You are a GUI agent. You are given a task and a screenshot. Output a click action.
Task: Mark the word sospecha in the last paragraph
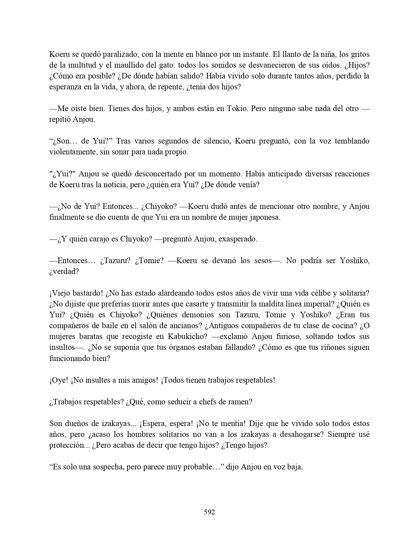click(x=107, y=467)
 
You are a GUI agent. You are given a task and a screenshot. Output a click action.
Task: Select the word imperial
click(x=284, y=304)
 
